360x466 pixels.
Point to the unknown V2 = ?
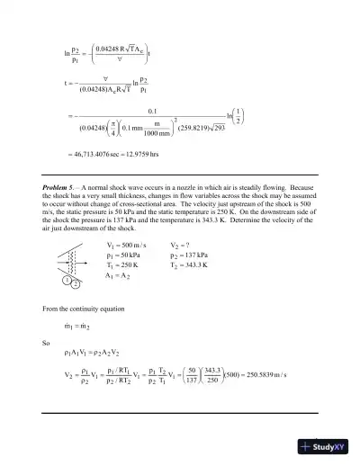183,246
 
